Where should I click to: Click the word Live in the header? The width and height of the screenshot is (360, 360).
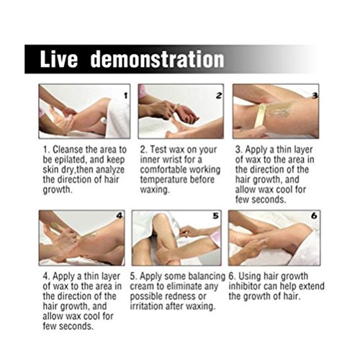point(59,59)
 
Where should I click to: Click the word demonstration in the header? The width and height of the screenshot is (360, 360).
point(158,59)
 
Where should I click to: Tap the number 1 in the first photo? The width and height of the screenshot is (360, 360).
point(125,96)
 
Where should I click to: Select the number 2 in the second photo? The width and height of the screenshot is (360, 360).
point(219,96)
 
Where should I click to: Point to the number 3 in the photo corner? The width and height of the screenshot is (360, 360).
point(315,96)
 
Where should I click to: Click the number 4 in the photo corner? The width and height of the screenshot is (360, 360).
point(120,216)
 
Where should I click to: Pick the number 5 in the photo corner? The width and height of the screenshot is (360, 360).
point(216,216)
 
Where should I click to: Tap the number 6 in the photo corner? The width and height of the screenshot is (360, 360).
point(314,216)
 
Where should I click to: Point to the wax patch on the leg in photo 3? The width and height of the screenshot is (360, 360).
point(279,109)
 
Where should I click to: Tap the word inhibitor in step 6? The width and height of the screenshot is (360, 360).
point(245,286)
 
